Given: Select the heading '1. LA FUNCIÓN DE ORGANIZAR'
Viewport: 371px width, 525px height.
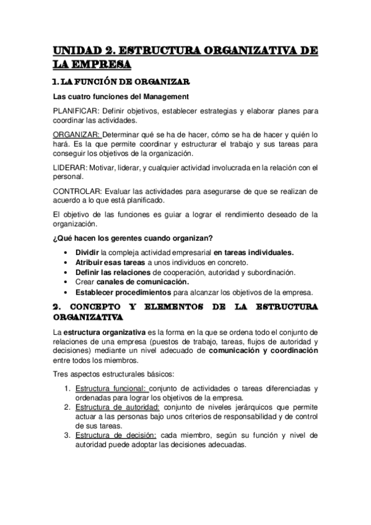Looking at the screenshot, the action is (120, 82).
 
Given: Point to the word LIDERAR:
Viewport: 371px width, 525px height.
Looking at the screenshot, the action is (70, 167).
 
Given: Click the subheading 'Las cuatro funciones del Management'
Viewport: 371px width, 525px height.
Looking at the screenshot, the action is (120, 96).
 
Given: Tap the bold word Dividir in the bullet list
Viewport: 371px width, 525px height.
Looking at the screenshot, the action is (87, 253).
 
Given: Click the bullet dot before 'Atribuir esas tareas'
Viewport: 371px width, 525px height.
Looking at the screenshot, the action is (66, 262).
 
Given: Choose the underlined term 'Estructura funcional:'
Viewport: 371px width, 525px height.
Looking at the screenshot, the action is (111, 388).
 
